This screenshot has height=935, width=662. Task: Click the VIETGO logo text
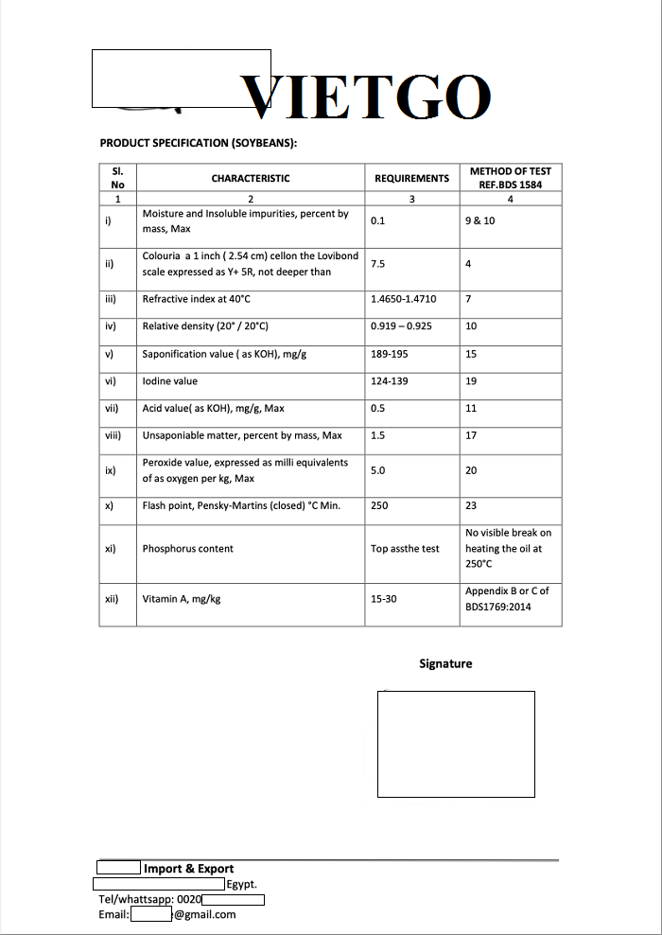[366, 97]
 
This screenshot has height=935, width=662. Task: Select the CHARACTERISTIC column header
[251, 178]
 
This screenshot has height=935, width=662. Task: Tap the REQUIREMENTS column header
[411, 178]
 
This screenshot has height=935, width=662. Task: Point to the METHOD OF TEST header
[510, 178]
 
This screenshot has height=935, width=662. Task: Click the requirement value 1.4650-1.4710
[404, 299]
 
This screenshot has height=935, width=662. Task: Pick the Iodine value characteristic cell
[170, 381]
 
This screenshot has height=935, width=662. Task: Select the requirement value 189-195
[390, 354]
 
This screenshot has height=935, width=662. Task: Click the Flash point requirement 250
[379, 505]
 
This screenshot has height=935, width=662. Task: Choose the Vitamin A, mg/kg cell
[182, 599]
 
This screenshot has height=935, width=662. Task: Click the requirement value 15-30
[384, 599]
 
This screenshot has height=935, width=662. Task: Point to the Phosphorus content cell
[187, 549]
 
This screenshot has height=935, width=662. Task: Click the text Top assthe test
[405, 549]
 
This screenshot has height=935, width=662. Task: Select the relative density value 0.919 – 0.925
[401, 326]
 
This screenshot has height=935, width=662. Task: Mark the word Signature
[445, 663]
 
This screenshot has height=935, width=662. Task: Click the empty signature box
[456, 744]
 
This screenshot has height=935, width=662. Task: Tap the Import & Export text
[189, 869]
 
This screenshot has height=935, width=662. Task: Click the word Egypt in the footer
[242, 885]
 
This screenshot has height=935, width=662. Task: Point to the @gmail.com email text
[204, 914]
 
